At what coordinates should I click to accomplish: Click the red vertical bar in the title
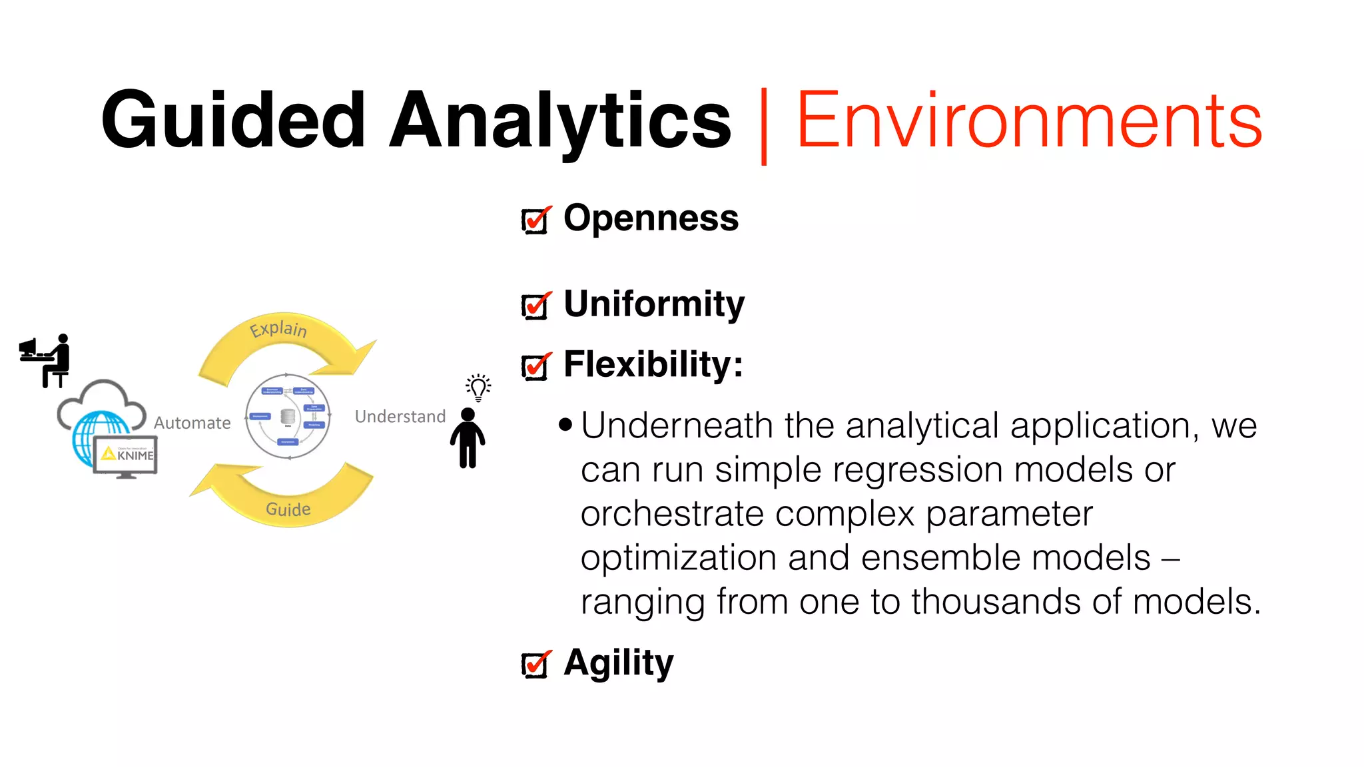763,125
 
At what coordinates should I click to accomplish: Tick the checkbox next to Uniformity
535,306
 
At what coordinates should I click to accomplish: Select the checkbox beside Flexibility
535,367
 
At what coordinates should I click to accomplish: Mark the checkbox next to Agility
535,664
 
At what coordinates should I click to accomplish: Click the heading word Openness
651,218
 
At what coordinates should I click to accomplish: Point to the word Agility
618,663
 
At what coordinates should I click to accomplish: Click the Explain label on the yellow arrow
278,328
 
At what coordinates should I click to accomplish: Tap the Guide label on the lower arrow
288,509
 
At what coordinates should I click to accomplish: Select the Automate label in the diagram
192,423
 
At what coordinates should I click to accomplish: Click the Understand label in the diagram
400,417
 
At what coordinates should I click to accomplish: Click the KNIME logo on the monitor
127,455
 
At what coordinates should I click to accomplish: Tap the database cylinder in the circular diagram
288,416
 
